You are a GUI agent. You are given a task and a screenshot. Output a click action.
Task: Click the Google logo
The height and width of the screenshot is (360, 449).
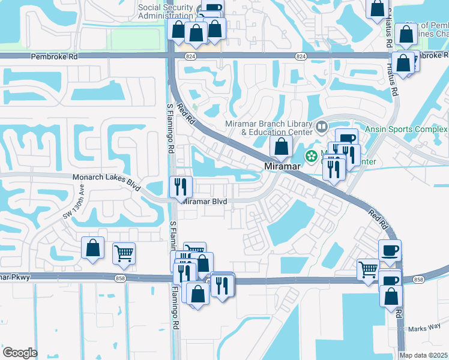pos(20,353)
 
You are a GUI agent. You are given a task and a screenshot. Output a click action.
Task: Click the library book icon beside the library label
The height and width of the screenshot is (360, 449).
pos(322,127)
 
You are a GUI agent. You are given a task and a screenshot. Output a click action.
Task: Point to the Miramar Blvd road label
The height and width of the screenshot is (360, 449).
pos(204,202)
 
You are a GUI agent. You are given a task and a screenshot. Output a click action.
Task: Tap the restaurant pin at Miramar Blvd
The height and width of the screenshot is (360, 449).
pos(180,187)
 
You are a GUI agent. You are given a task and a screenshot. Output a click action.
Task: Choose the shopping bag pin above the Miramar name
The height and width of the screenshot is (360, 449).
pos(281,145)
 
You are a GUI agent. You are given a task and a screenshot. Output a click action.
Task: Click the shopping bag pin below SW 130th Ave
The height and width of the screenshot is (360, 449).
pos(92,248)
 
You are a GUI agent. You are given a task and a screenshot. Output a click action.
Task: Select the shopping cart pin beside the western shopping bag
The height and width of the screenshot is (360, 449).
pos(124,254)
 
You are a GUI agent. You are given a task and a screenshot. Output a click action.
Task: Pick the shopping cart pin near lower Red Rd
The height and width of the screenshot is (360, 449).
pos(368,269)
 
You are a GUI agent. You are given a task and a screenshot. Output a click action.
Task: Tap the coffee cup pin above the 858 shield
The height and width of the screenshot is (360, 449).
pos(389,250)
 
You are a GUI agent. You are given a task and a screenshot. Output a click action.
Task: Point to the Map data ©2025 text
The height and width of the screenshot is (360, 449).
pos(423,355)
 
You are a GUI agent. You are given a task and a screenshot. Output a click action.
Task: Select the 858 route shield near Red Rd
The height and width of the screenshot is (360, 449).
pos(418,280)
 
